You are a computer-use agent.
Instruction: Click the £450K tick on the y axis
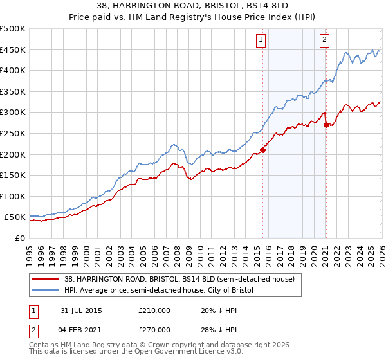(x=13, y=50)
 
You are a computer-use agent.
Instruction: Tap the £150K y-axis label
(x=13, y=175)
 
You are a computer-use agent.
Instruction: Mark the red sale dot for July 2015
(x=262, y=150)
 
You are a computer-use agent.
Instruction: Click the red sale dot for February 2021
(x=326, y=125)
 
